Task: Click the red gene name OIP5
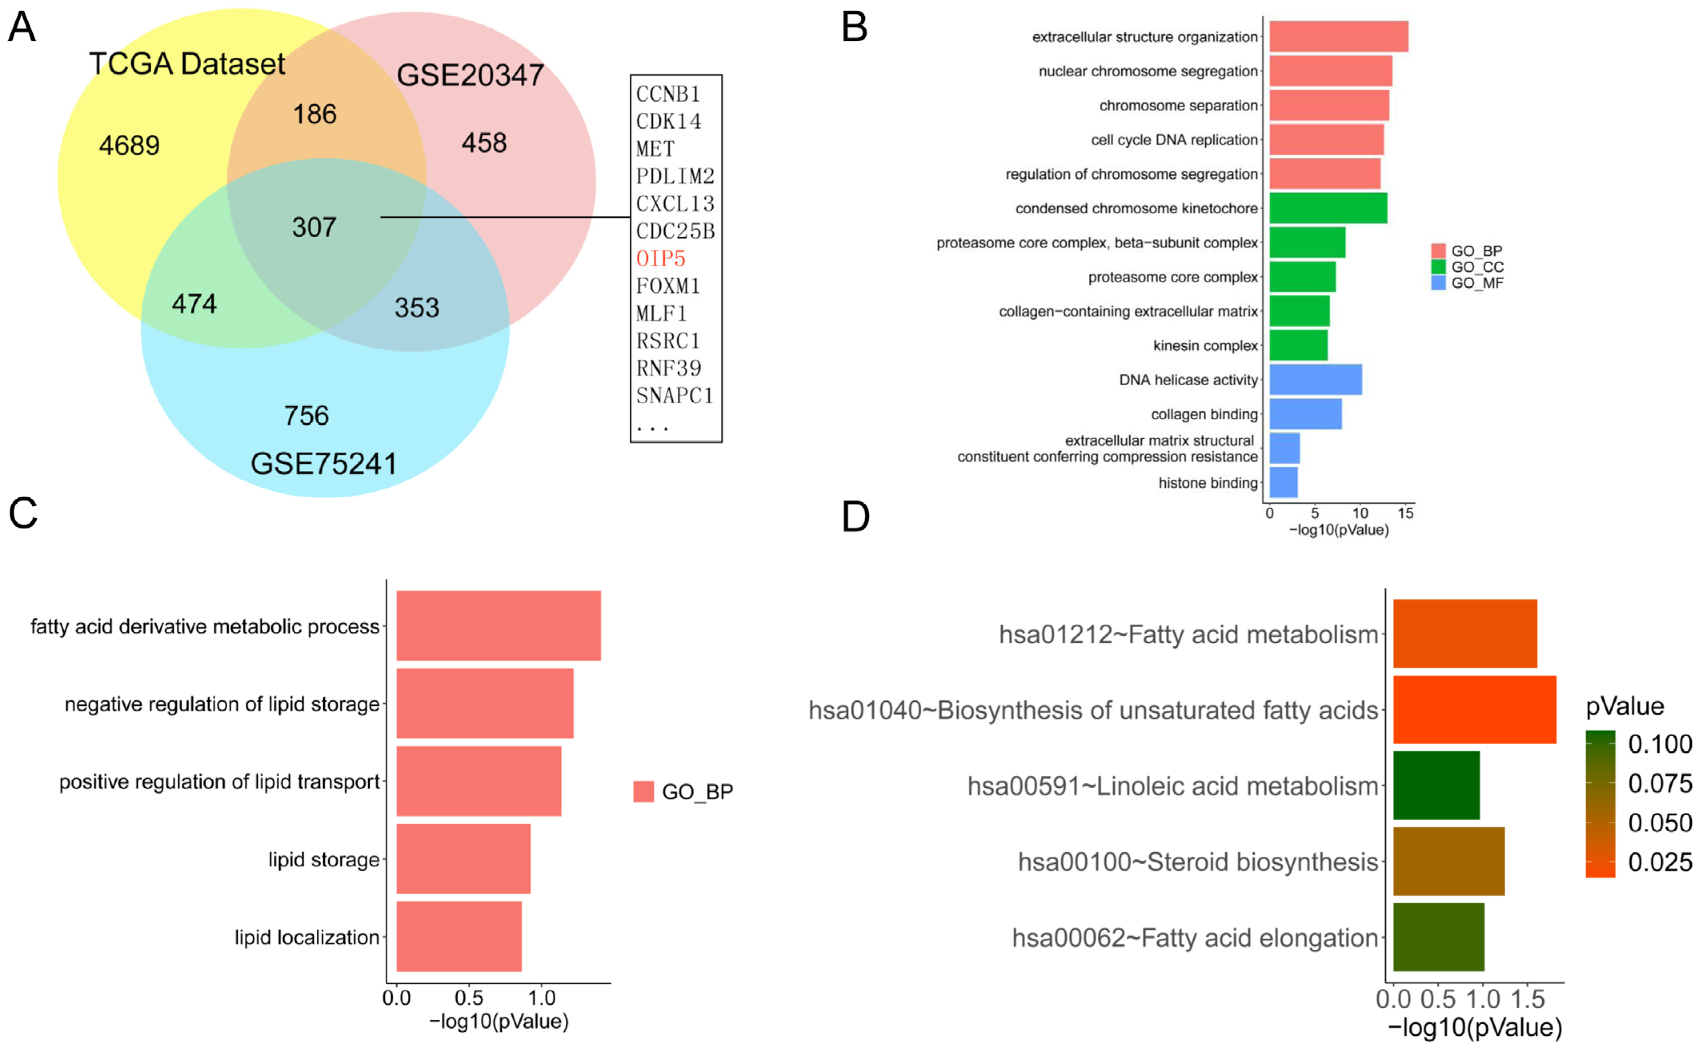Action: (x=660, y=259)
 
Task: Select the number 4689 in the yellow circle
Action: (x=129, y=146)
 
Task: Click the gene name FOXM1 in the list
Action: (x=668, y=286)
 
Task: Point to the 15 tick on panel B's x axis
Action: (x=1405, y=513)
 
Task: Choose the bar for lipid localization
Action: (x=458, y=937)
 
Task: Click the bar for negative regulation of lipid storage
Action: (x=484, y=703)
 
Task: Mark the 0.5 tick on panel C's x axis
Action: (x=469, y=998)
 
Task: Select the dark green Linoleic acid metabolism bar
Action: (x=1436, y=785)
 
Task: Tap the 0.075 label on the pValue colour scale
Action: (x=1659, y=783)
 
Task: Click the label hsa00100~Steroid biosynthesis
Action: (x=1197, y=862)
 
